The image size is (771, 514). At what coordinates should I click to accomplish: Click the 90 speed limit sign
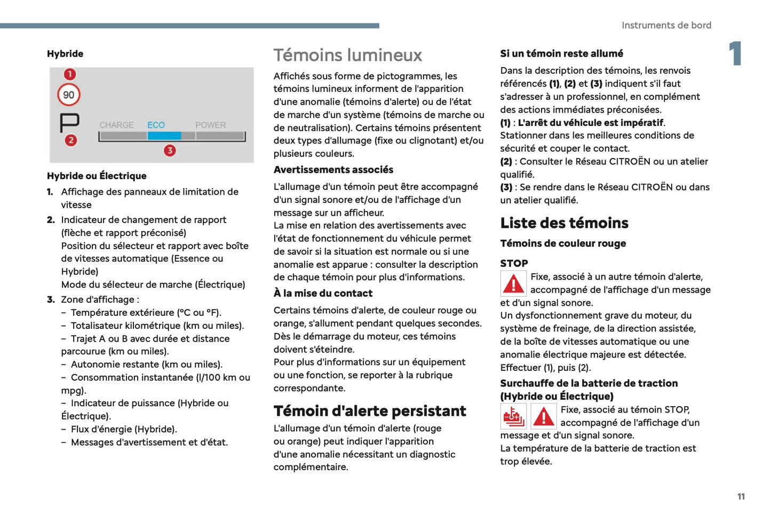click(x=69, y=95)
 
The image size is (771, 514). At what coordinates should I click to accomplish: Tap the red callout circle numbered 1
click(x=70, y=74)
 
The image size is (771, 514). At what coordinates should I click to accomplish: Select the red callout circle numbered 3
click(x=170, y=151)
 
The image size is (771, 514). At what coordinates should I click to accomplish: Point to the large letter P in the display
click(x=69, y=123)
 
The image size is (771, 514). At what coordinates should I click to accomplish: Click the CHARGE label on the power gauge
click(x=116, y=125)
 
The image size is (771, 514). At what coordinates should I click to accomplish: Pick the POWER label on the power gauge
click(x=210, y=125)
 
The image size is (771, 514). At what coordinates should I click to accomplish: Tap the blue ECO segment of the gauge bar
click(x=164, y=136)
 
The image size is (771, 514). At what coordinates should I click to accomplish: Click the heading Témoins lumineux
click(x=347, y=55)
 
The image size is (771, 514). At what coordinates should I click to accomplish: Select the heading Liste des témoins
click(x=564, y=223)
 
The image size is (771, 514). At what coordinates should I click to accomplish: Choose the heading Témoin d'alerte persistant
click(x=370, y=410)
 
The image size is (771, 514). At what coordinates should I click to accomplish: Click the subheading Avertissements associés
click(x=333, y=170)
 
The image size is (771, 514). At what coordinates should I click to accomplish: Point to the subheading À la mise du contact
click(x=323, y=293)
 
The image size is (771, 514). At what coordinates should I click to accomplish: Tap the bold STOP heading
click(x=514, y=263)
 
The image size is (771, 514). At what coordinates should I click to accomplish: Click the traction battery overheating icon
click(x=513, y=416)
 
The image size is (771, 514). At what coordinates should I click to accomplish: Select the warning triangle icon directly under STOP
click(x=513, y=283)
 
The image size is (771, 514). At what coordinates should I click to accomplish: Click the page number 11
click(x=741, y=496)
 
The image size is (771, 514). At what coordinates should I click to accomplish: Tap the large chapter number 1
click(x=735, y=53)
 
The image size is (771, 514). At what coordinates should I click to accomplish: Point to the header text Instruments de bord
click(x=666, y=25)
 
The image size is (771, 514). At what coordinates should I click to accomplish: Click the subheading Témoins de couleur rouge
click(x=563, y=243)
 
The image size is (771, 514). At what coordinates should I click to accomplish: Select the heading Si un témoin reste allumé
click(x=561, y=53)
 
